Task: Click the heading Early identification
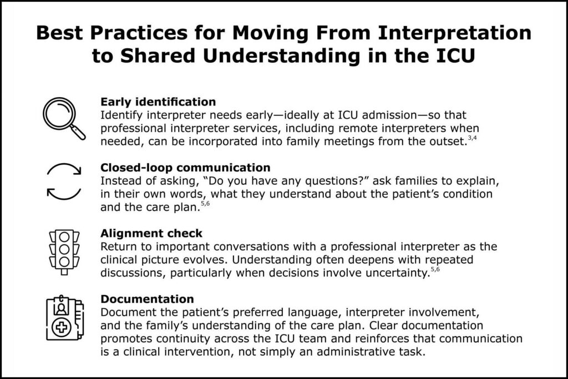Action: [x=158, y=102]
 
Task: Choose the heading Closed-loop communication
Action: [x=185, y=168]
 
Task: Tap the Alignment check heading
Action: [x=151, y=233]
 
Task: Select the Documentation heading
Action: [x=147, y=299]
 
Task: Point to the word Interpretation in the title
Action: [x=455, y=33]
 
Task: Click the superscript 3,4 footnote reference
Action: [x=473, y=138]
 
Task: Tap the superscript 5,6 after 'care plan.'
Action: [x=205, y=204]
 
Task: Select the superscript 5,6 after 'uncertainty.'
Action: [x=435, y=269]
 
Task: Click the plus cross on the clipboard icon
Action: [x=62, y=327]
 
